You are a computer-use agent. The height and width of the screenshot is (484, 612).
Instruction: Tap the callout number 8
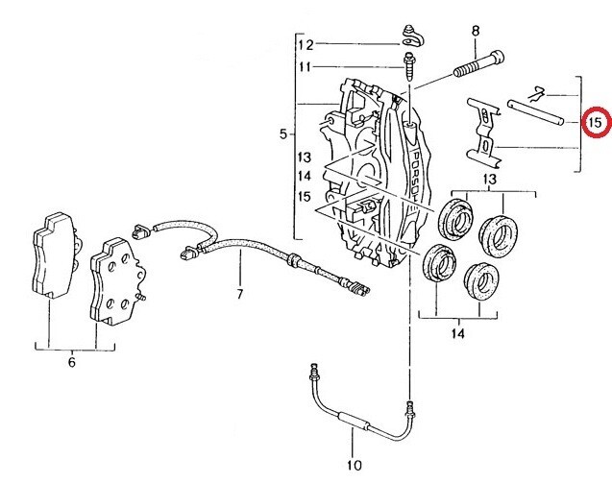tap(475, 32)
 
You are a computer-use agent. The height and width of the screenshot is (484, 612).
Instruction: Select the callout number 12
tap(305, 44)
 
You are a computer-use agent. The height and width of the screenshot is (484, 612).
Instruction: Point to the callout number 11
tap(305, 66)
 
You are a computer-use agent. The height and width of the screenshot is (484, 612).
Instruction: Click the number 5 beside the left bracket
tap(283, 134)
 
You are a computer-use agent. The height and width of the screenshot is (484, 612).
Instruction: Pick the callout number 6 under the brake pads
tap(70, 363)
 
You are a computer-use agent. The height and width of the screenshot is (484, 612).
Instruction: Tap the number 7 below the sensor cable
tap(241, 293)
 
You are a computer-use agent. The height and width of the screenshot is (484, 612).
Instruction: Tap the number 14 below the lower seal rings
tap(458, 334)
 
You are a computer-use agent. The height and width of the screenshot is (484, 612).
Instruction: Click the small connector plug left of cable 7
tap(140, 230)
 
